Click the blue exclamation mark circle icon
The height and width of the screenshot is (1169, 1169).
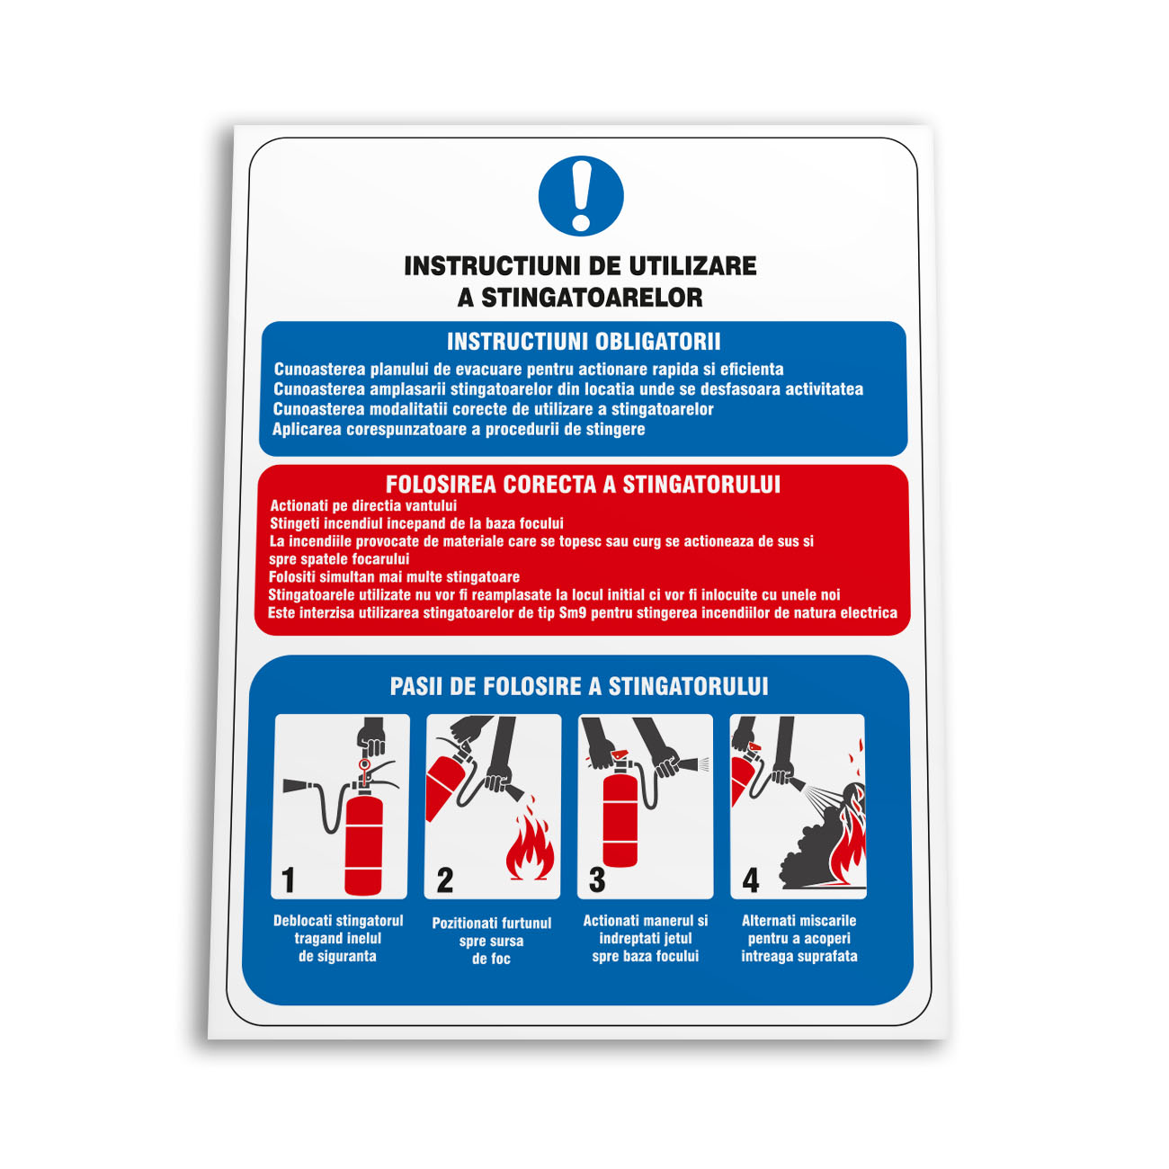click(x=581, y=195)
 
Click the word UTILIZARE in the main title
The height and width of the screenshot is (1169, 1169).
click(x=692, y=265)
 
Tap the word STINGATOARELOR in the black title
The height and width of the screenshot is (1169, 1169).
click(x=592, y=298)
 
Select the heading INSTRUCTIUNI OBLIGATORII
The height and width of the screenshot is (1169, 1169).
click(x=584, y=342)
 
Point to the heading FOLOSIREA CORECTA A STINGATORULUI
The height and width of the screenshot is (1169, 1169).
click(x=583, y=484)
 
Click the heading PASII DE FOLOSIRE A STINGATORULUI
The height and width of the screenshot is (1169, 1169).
click(x=579, y=687)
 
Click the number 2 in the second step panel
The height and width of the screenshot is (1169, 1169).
click(x=444, y=879)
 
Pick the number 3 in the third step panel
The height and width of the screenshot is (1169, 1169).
click(x=597, y=879)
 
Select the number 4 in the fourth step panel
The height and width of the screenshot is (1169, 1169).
click(x=751, y=880)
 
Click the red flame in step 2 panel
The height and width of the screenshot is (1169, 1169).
click(x=531, y=839)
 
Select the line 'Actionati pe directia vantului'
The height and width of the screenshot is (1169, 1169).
click(x=363, y=505)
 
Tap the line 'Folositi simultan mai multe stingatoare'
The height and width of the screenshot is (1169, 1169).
click(x=395, y=576)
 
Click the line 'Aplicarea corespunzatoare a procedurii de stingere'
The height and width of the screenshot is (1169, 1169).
click(x=459, y=429)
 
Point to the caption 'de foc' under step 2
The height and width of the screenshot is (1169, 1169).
click(x=491, y=959)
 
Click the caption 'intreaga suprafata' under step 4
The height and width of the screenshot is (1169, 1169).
click(x=799, y=956)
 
